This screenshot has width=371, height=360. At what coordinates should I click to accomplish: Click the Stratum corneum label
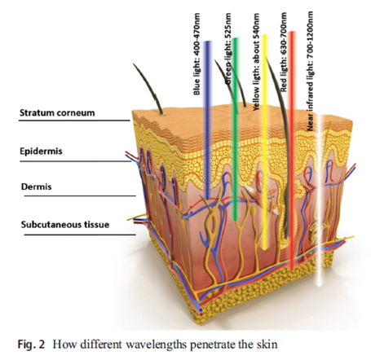pyautogui.click(x=57, y=112)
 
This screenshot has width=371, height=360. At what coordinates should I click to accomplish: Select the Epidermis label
pyautogui.click(x=41, y=151)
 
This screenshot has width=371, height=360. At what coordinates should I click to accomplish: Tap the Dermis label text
pyautogui.click(x=37, y=187)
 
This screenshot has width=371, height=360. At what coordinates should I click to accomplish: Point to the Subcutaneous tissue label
pyautogui.click(x=65, y=225)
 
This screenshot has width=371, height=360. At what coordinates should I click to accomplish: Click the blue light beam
pyautogui.click(x=208, y=120)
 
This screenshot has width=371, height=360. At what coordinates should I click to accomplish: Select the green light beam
pyautogui.click(x=236, y=129)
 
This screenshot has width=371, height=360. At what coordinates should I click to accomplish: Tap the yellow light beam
pyautogui.click(x=264, y=141)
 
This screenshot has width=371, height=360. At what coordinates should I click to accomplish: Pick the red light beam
pyautogui.click(x=292, y=151)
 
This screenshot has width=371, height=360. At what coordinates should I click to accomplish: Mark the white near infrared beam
pyautogui.click(x=320, y=200)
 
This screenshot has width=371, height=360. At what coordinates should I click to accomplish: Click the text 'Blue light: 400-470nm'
pyautogui.click(x=197, y=54)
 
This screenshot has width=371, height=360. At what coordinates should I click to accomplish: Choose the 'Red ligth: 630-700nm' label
pyautogui.click(x=284, y=51)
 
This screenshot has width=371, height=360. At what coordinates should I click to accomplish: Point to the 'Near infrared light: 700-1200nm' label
pyautogui.click(x=310, y=71)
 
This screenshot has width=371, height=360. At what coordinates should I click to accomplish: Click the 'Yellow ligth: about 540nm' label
pyautogui.click(x=256, y=62)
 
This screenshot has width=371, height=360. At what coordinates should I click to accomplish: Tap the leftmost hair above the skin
pyautogui.click(x=149, y=87)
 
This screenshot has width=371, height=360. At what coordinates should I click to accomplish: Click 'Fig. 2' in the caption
pyautogui.click(x=31, y=345)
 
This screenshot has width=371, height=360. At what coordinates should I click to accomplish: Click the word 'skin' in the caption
pyautogui.click(x=267, y=345)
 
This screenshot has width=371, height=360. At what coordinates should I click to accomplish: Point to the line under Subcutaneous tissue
pyautogui.click(x=80, y=235)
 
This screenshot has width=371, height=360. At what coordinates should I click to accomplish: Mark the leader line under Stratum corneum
pyautogui.click(x=74, y=120)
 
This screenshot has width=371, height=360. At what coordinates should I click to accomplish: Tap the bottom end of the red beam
pyautogui.click(x=292, y=270)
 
